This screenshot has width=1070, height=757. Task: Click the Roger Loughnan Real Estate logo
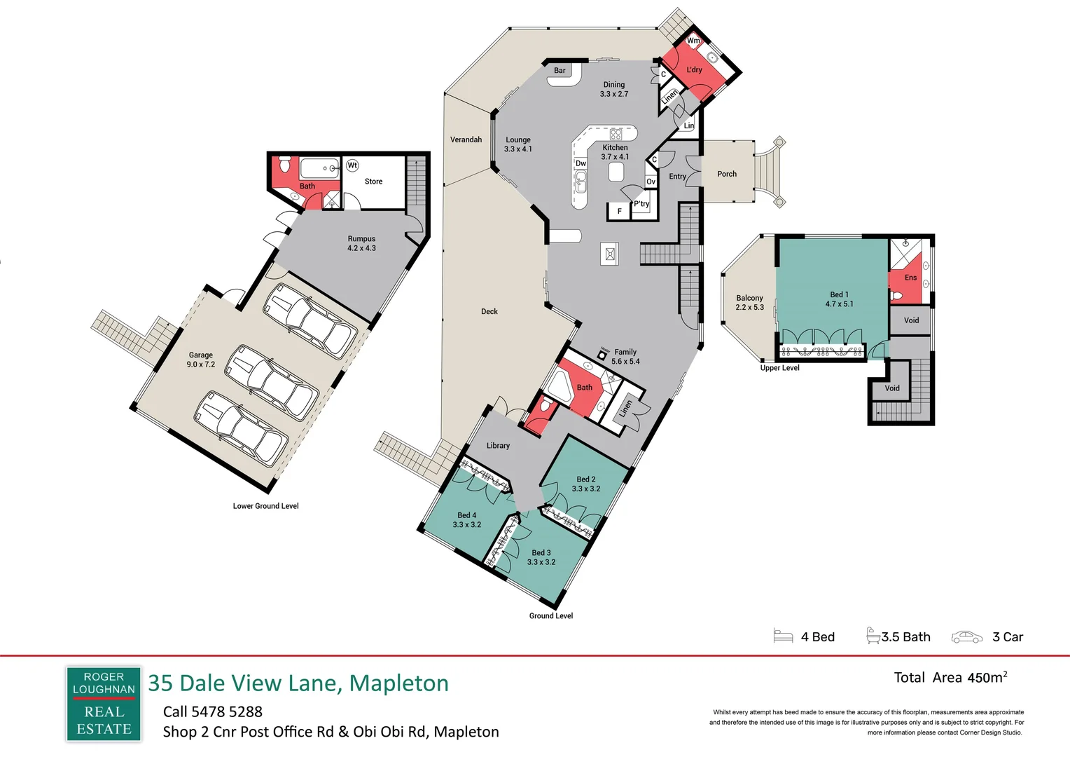(x=104, y=704)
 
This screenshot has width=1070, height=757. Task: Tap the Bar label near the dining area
(x=560, y=70)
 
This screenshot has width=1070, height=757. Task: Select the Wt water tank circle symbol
(x=352, y=165)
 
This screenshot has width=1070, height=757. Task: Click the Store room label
(x=373, y=182)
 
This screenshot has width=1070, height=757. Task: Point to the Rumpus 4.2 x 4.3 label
(x=361, y=243)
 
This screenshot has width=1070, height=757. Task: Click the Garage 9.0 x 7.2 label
(x=200, y=359)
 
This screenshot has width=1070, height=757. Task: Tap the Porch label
(x=727, y=174)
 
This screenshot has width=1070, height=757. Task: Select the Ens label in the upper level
(x=910, y=278)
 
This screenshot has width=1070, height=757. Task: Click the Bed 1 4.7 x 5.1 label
(x=840, y=299)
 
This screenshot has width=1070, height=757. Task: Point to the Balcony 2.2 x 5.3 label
(x=749, y=302)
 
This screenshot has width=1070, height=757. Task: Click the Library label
(x=498, y=445)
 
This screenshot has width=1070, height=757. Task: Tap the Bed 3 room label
(x=541, y=557)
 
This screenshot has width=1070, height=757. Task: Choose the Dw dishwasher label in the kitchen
(x=581, y=163)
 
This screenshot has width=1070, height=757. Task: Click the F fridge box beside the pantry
(x=620, y=211)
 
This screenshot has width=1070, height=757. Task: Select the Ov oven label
(x=651, y=182)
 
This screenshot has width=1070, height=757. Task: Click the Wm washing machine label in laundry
(x=693, y=41)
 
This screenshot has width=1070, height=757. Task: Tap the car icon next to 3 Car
(x=967, y=637)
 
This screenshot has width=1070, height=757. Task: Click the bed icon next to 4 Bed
(x=783, y=636)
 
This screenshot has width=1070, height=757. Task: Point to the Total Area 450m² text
(x=950, y=677)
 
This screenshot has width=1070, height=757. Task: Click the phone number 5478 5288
(x=227, y=711)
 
